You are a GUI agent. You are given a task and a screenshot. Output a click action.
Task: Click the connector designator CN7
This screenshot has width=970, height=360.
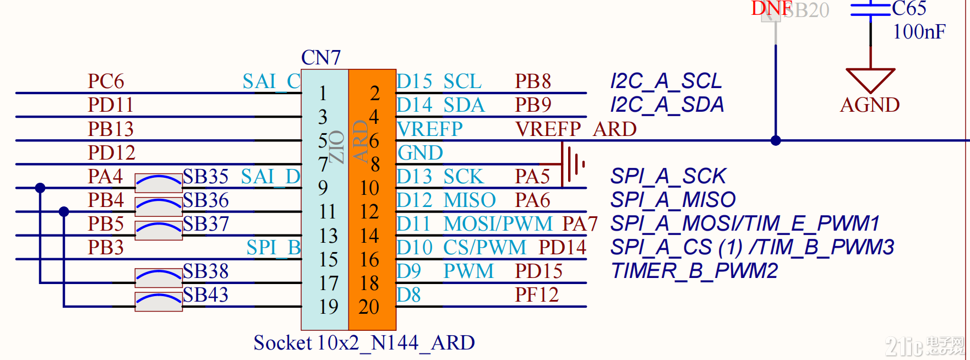(x=321, y=57)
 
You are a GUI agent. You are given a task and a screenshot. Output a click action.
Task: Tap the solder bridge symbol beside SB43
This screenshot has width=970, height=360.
(x=159, y=301)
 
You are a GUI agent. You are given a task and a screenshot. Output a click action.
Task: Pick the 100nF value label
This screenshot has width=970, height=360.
(x=919, y=32)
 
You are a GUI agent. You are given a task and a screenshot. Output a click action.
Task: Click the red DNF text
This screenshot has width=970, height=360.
(x=771, y=9)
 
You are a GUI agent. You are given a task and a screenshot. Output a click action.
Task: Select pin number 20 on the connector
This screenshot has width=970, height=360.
(x=369, y=307)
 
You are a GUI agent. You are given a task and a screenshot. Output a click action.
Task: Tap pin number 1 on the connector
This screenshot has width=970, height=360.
(x=323, y=93)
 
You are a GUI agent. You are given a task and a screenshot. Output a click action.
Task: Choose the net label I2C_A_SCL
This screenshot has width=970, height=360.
(x=666, y=81)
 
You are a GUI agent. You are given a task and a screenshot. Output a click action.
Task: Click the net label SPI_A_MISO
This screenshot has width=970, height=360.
(x=673, y=199)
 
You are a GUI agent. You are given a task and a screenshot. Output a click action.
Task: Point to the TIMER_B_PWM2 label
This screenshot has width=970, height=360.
(x=694, y=271)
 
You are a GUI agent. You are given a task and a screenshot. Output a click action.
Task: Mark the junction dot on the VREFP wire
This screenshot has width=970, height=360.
(x=776, y=140)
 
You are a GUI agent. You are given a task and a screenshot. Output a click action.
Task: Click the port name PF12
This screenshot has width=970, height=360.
(x=536, y=295)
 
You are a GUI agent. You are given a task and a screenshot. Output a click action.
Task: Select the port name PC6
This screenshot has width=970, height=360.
(x=106, y=81)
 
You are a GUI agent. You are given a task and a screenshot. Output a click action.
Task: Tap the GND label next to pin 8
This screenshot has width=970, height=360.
(x=420, y=153)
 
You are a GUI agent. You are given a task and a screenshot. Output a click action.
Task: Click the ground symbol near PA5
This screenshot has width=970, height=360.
(x=573, y=164)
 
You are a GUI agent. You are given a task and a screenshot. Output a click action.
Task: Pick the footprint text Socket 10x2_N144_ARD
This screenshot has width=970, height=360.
(x=364, y=343)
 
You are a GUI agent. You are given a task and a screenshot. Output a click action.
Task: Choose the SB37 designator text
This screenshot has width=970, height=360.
(x=205, y=224)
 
